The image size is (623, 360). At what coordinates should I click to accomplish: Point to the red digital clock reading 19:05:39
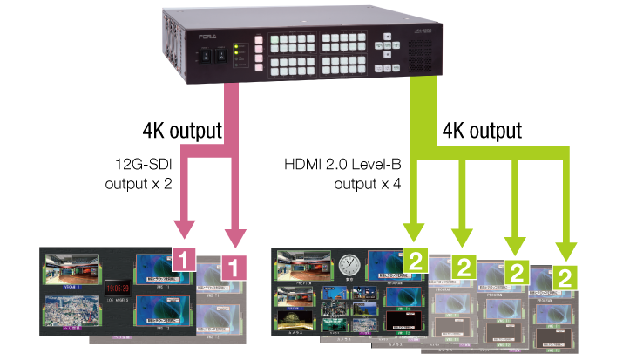[116, 287]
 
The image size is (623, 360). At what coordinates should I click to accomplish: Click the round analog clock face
[349, 262]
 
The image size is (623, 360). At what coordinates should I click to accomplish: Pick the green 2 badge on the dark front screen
[415, 258]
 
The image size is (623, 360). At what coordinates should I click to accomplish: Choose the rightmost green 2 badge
[565, 278]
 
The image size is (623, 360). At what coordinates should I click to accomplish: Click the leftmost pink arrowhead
[185, 230]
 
